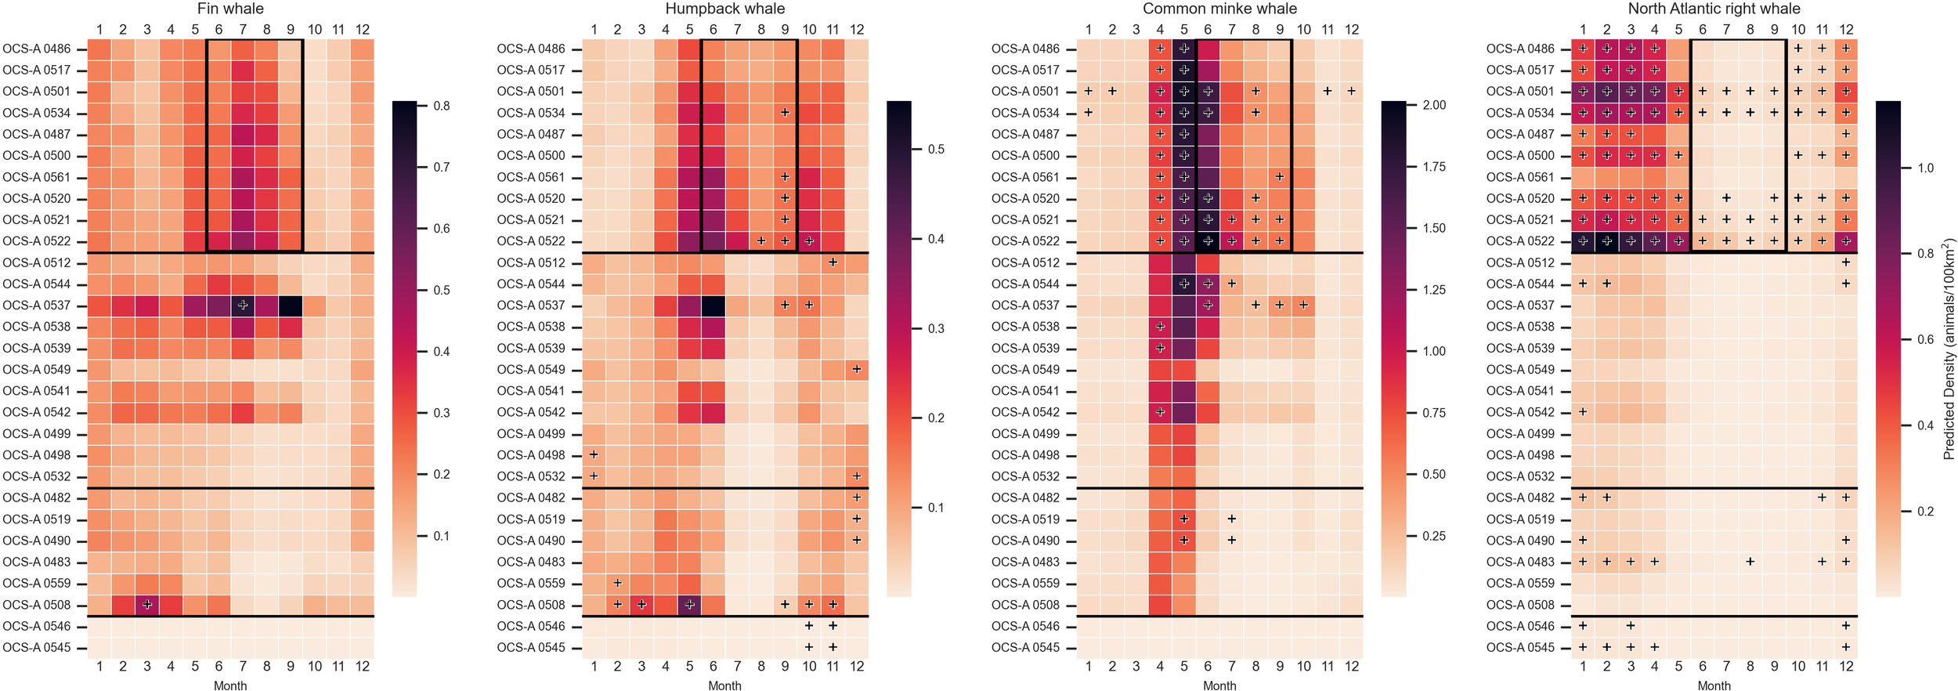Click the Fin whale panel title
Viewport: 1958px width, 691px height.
tap(230, 9)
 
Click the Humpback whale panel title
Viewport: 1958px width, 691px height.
tap(724, 9)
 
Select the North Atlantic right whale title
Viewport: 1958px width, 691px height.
tap(1714, 9)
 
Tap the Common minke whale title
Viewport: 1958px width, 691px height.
tap(1219, 9)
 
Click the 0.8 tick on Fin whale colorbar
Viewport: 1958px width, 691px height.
tap(442, 106)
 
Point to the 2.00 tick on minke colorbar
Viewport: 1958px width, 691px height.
tap(1433, 106)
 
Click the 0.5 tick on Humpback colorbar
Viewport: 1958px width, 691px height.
tap(936, 149)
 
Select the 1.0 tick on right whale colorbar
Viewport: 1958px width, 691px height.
tap(1925, 168)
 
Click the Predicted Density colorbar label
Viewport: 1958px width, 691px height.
tap(1949, 349)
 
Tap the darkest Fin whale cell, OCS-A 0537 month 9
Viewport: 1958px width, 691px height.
tap(291, 306)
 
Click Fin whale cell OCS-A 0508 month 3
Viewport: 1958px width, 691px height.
tap(147, 605)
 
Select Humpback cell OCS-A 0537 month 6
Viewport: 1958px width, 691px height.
tap(713, 306)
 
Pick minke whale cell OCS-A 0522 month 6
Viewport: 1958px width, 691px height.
tap(1208, 241)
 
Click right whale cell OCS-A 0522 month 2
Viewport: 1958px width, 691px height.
tap(1606, 241)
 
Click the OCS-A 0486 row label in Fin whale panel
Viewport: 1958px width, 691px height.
tap(37, 49)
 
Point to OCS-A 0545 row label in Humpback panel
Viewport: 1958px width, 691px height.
tap(531, 648)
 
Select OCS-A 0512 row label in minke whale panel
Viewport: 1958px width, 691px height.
tap(1025, 262)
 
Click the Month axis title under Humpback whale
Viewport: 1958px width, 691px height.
tap(724, 686)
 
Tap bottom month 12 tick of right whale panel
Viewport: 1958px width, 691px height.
tap(1846, 667)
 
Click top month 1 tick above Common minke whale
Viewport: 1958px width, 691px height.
tap(1088, 30)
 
